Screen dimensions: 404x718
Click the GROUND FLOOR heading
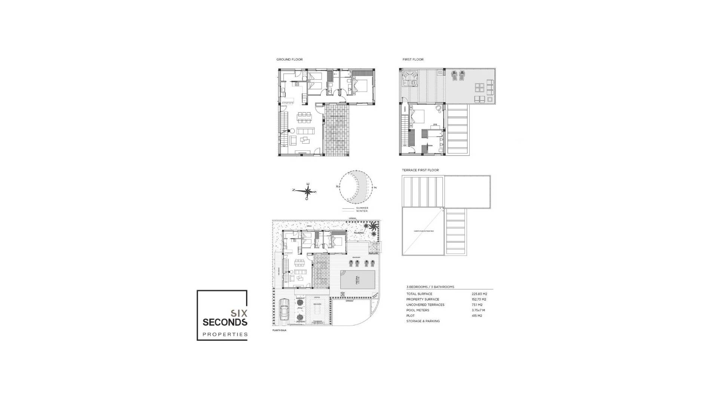click(x=289, y=59)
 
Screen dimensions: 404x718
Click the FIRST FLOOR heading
click(x=413, y=59)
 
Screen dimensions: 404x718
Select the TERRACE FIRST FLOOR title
click(x=420, y=170)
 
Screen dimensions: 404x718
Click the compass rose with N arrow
click(x=307, y=192)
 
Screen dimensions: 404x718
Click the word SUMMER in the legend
click(x=362, y=208)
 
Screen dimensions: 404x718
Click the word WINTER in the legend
click(x=362, y=211)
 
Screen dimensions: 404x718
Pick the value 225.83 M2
click(x=479, y=294)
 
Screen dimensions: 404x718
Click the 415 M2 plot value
click(x=477, y=316)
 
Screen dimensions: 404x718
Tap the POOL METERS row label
click(x=418, y=310)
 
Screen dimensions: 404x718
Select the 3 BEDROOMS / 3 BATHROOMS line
click(x=430, y=287)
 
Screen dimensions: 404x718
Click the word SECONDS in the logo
click(x=225, y=322)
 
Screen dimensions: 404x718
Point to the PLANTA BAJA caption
click(x=279, y=331)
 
